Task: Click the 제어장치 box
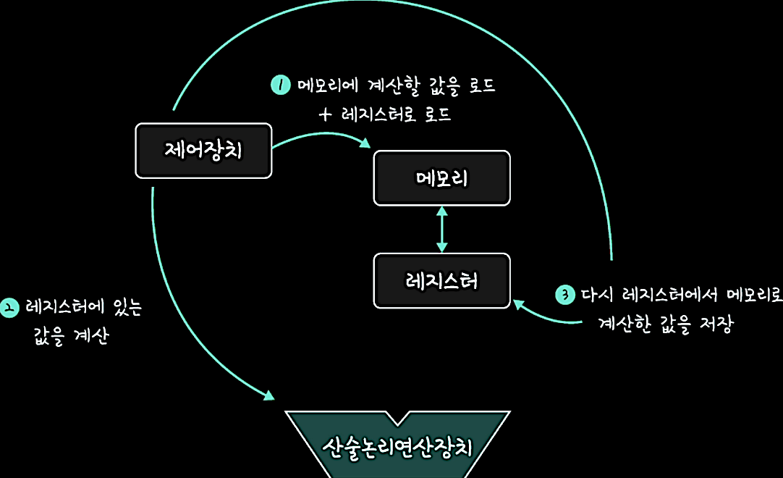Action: (204, 151)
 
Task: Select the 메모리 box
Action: (442, 178)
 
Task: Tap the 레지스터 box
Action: (442, 281)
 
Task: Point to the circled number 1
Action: (281, 85)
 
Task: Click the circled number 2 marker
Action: (9, 308)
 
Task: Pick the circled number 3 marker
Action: (565, 295)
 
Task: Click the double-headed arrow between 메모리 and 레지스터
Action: (442, 230)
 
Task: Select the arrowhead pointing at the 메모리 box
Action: (365, 143)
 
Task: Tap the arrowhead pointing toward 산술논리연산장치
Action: (269, 395)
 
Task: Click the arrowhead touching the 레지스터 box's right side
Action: (519, 303)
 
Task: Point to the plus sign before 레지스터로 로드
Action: (325, 114)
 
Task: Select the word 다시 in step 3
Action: (597, 295)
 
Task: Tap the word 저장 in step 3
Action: (716, 324)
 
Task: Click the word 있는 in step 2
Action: (128, 306)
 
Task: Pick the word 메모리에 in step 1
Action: (328, 85)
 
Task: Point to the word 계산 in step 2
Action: (91, 335)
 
